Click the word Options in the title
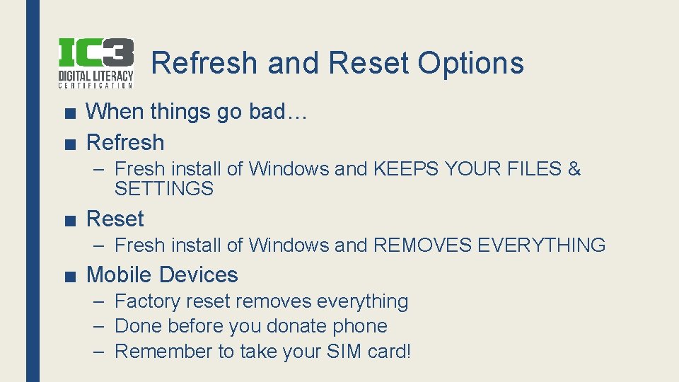click(x=470, y=63)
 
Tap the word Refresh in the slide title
click(x=205, y=63)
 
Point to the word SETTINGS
click(x=163, y=189)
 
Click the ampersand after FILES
click(x=574, y=169)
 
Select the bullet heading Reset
click(x=115, y=219)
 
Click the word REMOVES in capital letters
click(x=422, y=245)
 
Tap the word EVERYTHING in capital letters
click(x=542, y=245)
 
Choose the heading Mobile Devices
click(x=162, y=275)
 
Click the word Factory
click(x=148, y=301)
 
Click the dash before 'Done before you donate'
click(x=100, y=326)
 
